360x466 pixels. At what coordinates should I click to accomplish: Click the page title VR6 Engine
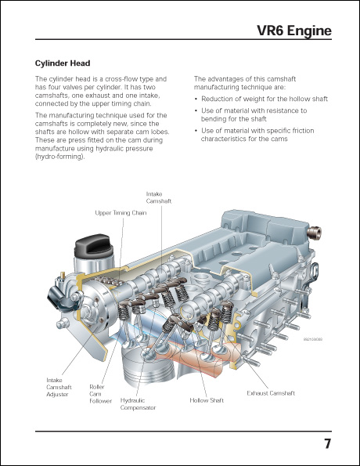coord(294,31)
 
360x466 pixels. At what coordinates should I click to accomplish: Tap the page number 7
coord(327,444)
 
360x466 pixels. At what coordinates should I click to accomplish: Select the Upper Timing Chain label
coord(121,212)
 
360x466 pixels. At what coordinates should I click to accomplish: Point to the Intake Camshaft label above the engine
coord(159,197)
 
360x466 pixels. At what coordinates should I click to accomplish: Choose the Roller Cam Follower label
coord(99,392)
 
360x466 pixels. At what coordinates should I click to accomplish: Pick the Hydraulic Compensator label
coord(138,403)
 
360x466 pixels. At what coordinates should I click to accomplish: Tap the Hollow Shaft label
coord(207,400)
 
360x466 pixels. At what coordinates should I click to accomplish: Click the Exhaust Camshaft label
coord(271,392)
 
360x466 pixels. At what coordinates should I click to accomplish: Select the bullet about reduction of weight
coord(264,99)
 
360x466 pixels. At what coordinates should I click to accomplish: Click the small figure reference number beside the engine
coord(312,339)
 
